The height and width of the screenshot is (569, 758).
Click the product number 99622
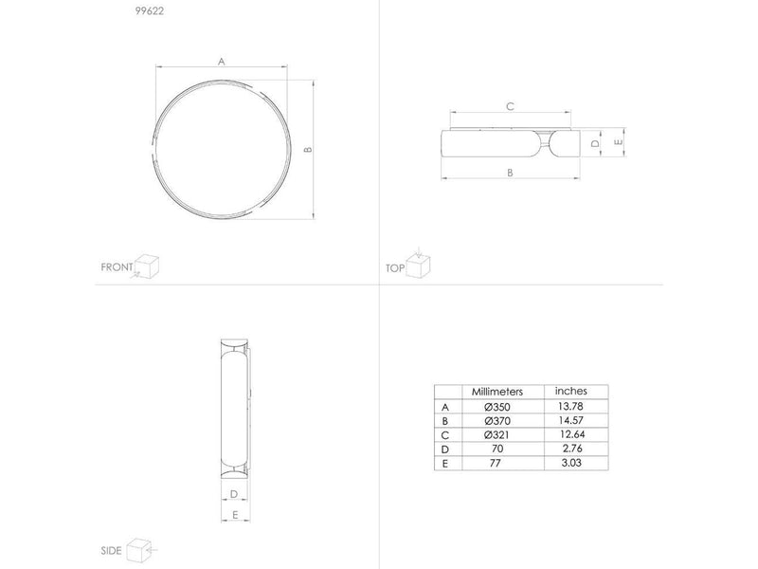click(150, 11)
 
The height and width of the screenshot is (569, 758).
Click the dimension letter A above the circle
click(222, 62)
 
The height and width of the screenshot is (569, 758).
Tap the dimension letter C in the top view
click(510, 106)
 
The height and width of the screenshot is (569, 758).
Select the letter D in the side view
click(234, 494)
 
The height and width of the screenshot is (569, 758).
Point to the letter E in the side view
click(235, 515)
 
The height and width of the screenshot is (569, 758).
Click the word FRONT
click(117, 267)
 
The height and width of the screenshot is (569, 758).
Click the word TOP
click(395, 268)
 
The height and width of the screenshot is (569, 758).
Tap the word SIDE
click(111, 551)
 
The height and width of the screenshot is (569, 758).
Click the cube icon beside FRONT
click(147, 266)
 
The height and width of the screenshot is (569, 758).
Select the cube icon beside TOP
click(418, 265)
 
